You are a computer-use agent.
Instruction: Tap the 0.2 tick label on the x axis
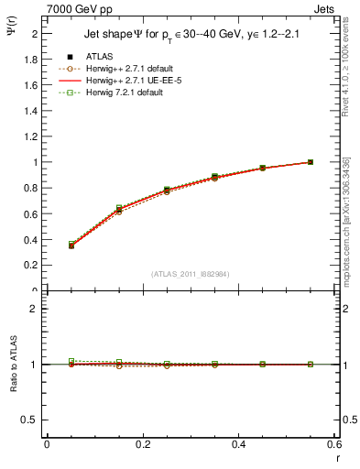[143, 445]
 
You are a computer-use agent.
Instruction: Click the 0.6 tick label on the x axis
[335, 445]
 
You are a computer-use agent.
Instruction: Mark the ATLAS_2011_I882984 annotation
[191, 273]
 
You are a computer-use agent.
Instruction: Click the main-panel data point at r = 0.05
[71, 245]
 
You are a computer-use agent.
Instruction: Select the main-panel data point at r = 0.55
[311, 162]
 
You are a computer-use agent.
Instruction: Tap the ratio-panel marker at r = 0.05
[71, 362]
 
